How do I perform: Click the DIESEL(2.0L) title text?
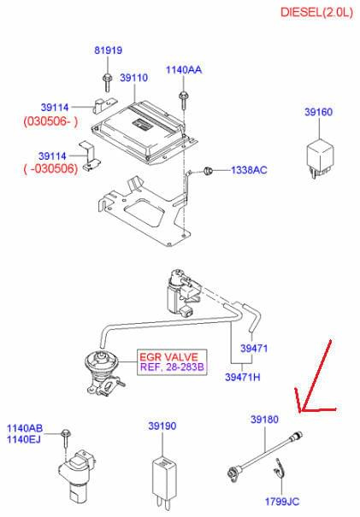tap(316, 12)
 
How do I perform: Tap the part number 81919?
tap(109, 50)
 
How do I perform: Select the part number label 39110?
tap(133, 78)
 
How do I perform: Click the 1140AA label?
tap(184, 69)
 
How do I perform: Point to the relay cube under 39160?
tap(320, 158)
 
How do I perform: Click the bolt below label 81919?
tap(107, 82)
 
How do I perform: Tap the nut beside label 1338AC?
tap(208, 171)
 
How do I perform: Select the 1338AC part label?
tap(249, 170)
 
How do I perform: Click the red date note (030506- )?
tap(50, 121)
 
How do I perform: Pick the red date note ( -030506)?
tap(50, 169)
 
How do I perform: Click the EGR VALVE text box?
tap(172, 362)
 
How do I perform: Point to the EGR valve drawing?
tap(103, 372)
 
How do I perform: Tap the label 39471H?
tap(243, 377)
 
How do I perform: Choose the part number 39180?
tap(264, 420)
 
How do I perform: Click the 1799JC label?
tap(282, 502)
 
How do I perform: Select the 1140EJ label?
tap(24, 439)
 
